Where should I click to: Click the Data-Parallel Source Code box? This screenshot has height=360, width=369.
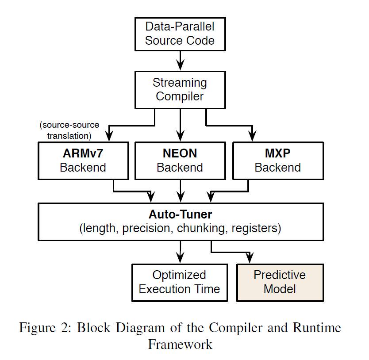pos(180,34)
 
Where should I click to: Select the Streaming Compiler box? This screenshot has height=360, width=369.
pos(180,89)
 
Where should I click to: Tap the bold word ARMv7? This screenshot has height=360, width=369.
pos(83,154)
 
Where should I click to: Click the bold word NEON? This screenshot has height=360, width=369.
pos(180,154)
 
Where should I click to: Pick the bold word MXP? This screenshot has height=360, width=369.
pos(277,154)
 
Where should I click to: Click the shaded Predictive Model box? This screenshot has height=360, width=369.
pos(280,282)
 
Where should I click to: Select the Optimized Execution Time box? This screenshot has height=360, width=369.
pos(180,282)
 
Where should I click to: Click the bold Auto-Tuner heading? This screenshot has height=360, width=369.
pos(180,215)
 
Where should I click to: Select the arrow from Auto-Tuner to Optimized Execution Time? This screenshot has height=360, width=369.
pos(180,252)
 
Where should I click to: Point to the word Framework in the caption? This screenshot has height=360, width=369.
pos(180,344)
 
